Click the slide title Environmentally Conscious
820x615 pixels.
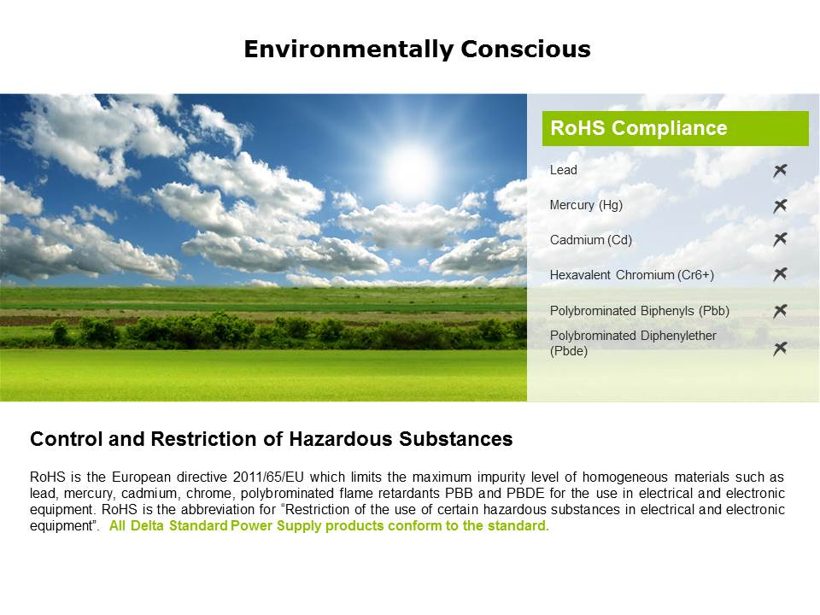pos(418,50)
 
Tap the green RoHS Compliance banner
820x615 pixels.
pos(675,128)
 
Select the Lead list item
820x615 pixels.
pos(563,170)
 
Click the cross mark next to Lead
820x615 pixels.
pos(780,171)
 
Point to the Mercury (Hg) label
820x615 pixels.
pos(586,205)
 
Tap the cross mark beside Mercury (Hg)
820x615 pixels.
pos(780,206)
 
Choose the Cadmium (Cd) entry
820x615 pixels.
pos(591,240)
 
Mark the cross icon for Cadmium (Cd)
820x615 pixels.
pos(780,239)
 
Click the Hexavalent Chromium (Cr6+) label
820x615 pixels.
pos(632,275)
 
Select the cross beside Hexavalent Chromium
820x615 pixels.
pos(780,274)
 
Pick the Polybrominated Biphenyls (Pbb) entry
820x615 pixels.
pos(640,311)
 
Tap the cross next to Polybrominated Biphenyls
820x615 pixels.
pos(780,311)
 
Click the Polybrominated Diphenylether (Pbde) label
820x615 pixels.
pos(633,343)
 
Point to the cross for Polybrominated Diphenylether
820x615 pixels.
pos(780,348)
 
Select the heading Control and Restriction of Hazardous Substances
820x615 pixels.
pos(272,439)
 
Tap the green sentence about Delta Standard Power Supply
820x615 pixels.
pos(329,525)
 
